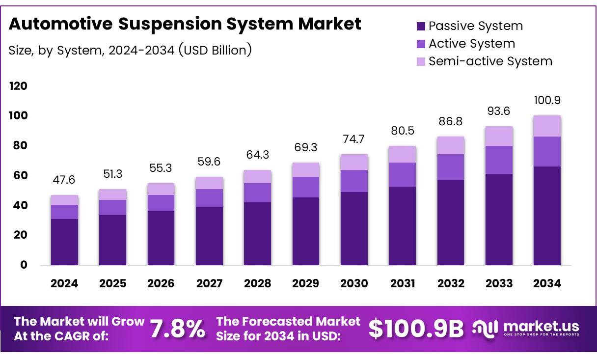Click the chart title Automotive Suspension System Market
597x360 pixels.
click(x=185, y=24)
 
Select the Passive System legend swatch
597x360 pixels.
click(x=420, y=26)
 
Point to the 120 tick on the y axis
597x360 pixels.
click(x=18, y=86)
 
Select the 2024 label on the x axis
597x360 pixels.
click(x=64, y=283)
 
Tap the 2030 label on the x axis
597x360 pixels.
click(x=354, y=283)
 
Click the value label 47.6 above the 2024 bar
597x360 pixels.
click(x=64, y=180)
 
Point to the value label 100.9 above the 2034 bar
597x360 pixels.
click(x=547, y=101)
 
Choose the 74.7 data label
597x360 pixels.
click(x=354, y=139)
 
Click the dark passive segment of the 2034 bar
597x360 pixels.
click(x=547, y=216)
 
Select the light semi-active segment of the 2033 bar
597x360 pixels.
click(x=499, y=136)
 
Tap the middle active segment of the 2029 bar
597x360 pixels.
click(x=305, y=187)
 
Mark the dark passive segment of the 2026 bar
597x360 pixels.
click(x=161, y=238)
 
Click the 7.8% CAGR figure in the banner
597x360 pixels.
click(x=177, y=329)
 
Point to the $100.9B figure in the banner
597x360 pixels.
click(x=416, y=329)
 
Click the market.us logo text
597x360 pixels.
click(x=540, y=327)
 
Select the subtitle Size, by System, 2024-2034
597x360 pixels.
click(x=130, y=50)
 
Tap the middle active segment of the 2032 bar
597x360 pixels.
click(x=451, y=167)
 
